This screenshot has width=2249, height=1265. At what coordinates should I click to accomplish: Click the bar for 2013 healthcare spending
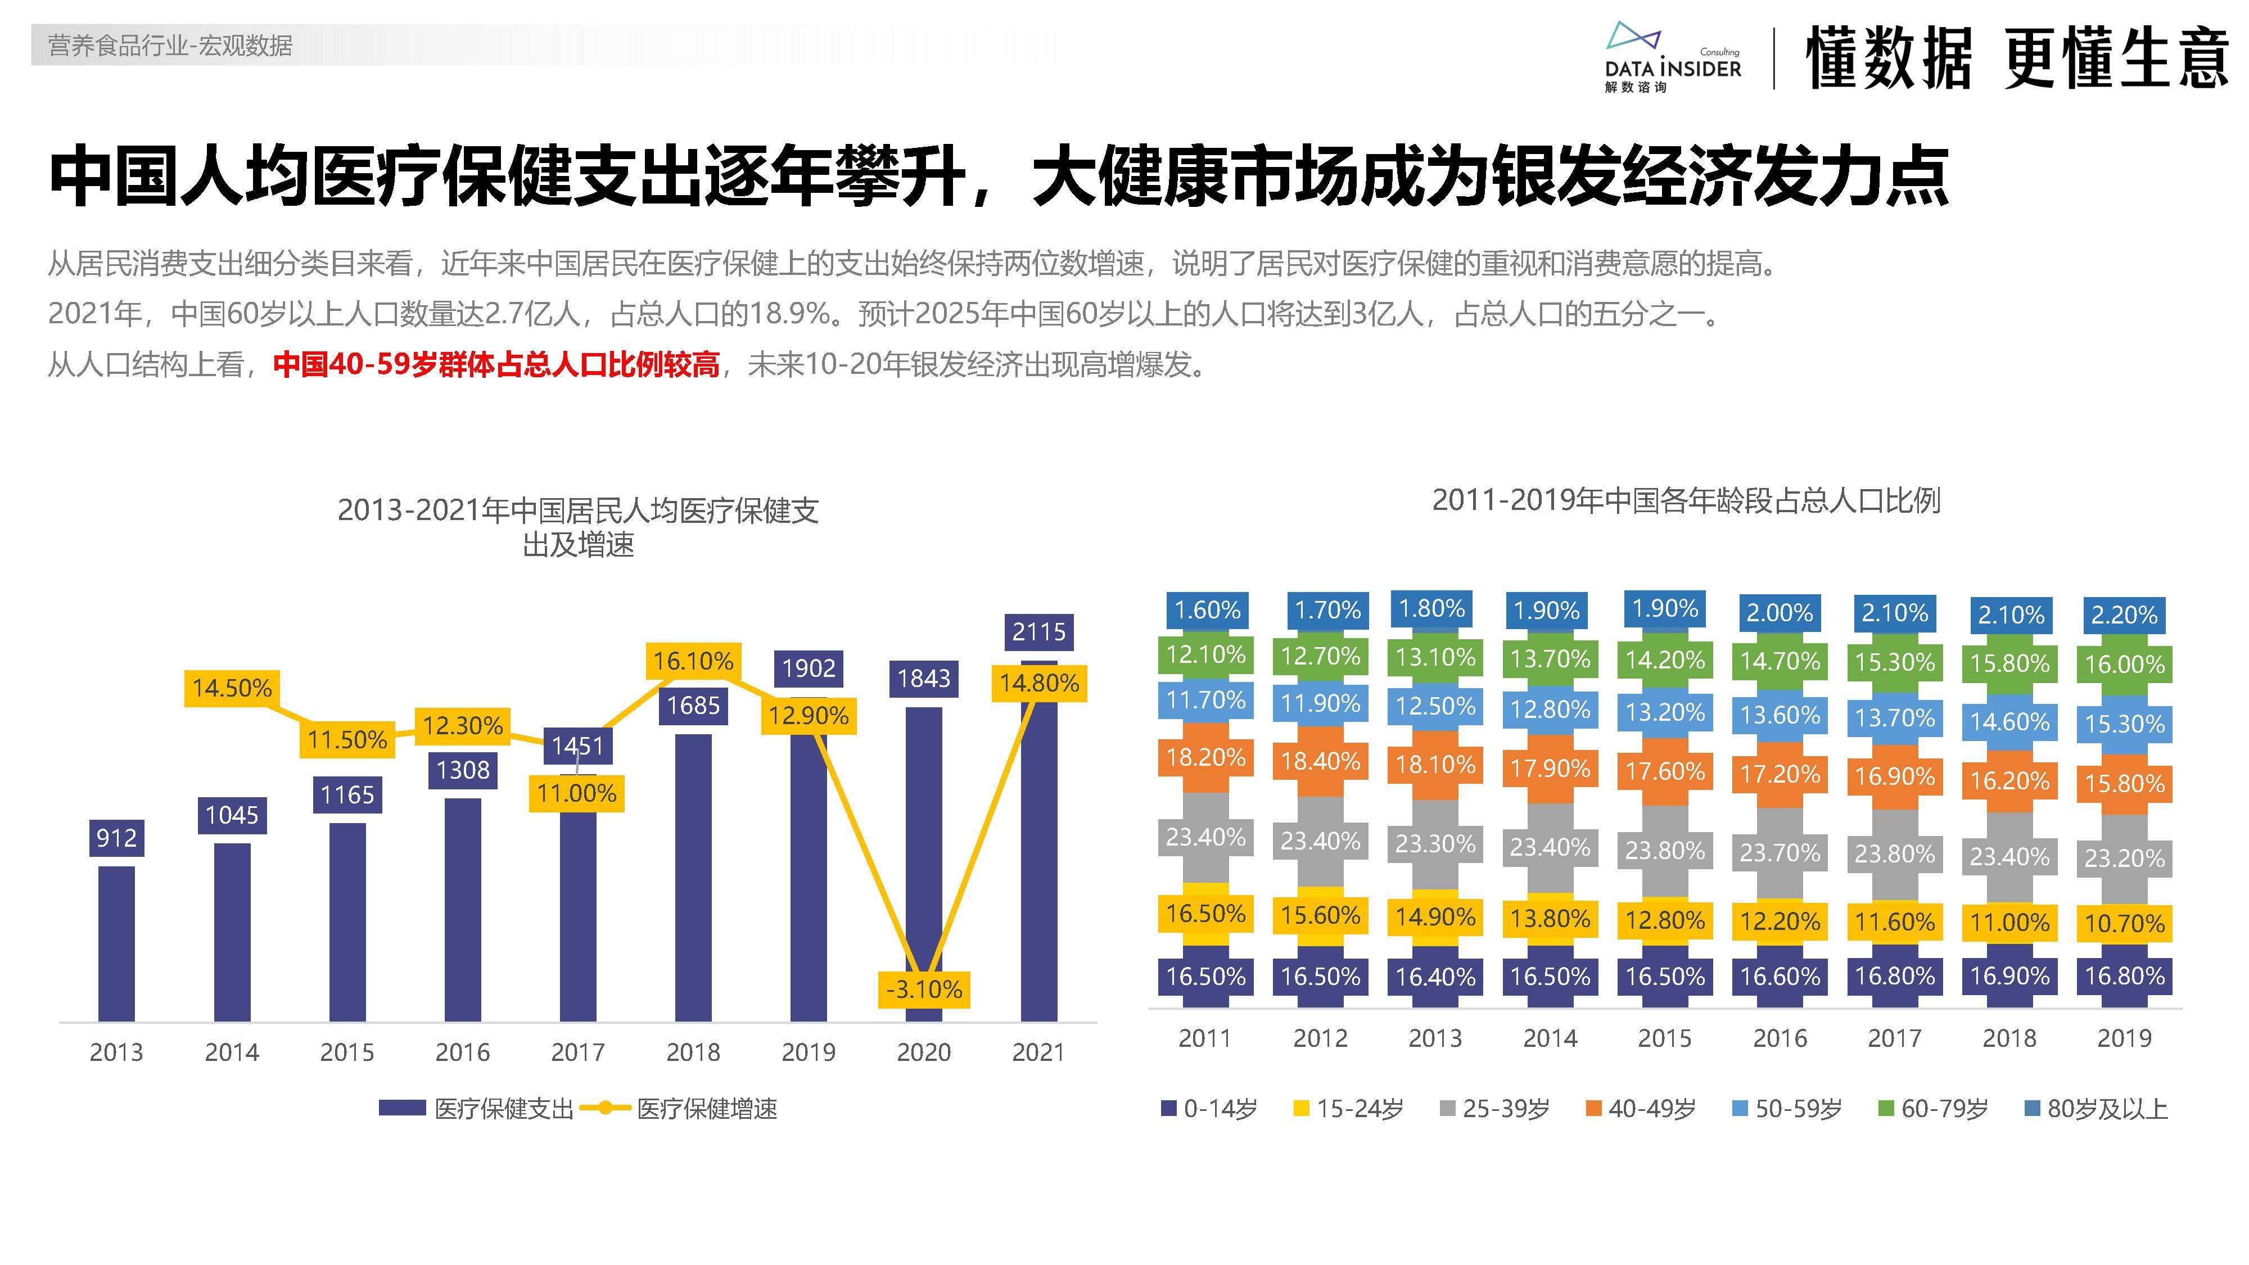(x=116, y=943)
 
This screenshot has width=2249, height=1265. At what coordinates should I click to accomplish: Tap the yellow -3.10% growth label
(x=924, y=989)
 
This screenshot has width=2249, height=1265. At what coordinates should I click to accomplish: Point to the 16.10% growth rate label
(x=693, y=661)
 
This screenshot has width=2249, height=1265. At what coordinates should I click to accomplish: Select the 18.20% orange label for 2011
(x=1205, y=757)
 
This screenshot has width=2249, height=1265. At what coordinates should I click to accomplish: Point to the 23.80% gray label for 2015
(x=1664, y=850)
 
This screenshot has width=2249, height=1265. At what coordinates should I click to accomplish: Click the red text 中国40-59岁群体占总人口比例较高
(x=496, y=364)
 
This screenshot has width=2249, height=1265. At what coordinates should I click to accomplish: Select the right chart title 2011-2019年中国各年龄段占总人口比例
(x=1685, y=500)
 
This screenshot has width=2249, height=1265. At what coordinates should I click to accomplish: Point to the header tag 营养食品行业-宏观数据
(x=170, y=46)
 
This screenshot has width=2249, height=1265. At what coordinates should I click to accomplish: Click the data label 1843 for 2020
(x=924, y=679)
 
